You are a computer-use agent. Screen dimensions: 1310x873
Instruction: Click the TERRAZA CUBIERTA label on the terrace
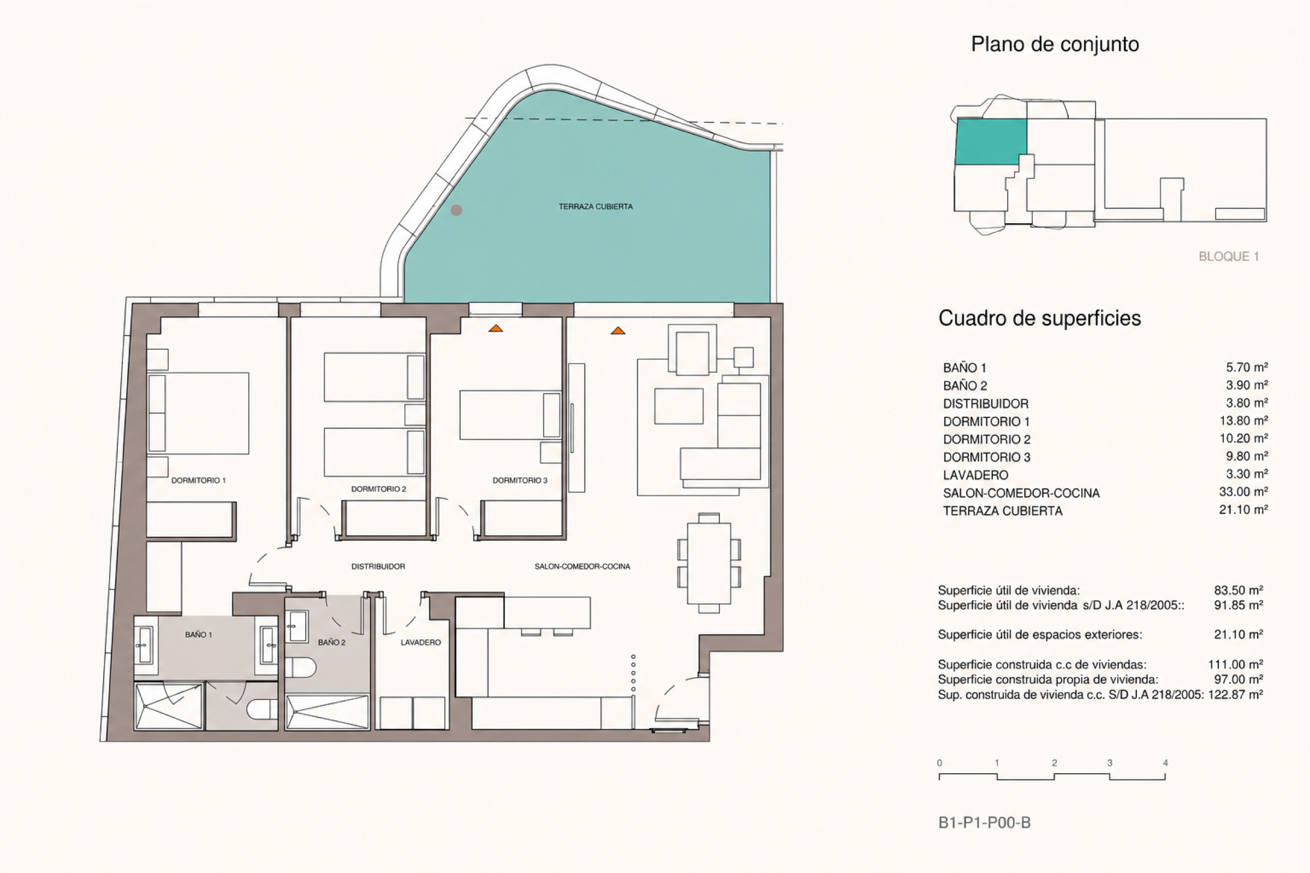click(x=596, y=207)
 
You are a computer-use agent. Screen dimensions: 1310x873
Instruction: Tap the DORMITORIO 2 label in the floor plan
click(x=378, y=489)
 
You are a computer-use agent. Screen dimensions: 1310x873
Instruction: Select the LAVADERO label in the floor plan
click(x=420, y=643)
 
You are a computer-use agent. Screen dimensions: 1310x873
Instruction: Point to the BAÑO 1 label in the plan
click(x=198, y=635)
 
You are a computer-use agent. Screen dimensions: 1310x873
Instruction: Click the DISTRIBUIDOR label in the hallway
click(x=378, y=566)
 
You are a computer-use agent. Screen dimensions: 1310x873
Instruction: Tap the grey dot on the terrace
click(x=456, y=210)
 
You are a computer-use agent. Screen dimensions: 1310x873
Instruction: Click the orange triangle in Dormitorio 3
click(x=496, y=328)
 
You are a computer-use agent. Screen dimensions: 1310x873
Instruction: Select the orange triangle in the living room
click(x=618, y=331)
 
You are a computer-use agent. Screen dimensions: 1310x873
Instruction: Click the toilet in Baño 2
click(x=301, y=667)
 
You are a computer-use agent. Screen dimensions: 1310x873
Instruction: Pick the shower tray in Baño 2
click(x=327, y=712)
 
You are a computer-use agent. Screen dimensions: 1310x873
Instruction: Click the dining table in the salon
click(x=708, y=564)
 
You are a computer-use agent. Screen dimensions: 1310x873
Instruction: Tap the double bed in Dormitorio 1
click(x=198, y=413)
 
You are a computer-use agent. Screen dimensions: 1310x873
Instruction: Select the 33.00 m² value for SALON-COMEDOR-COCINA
click(x=1244, y=492)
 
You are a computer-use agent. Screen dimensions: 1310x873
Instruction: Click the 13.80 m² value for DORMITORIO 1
click(x=1244, y=420)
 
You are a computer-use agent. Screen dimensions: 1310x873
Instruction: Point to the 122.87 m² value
click(x=1235, y=694)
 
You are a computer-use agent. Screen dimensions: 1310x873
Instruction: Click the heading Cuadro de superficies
click(x=1039, y=319)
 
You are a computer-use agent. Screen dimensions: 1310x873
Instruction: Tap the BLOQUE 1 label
click(x=1229, y=256)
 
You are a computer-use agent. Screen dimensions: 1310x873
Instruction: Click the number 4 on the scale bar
click(x=1165, y=763)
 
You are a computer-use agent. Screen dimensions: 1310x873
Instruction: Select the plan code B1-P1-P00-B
click(x=984, y=822)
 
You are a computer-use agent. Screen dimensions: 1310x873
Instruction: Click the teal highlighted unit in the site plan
click(x=991, y=141)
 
